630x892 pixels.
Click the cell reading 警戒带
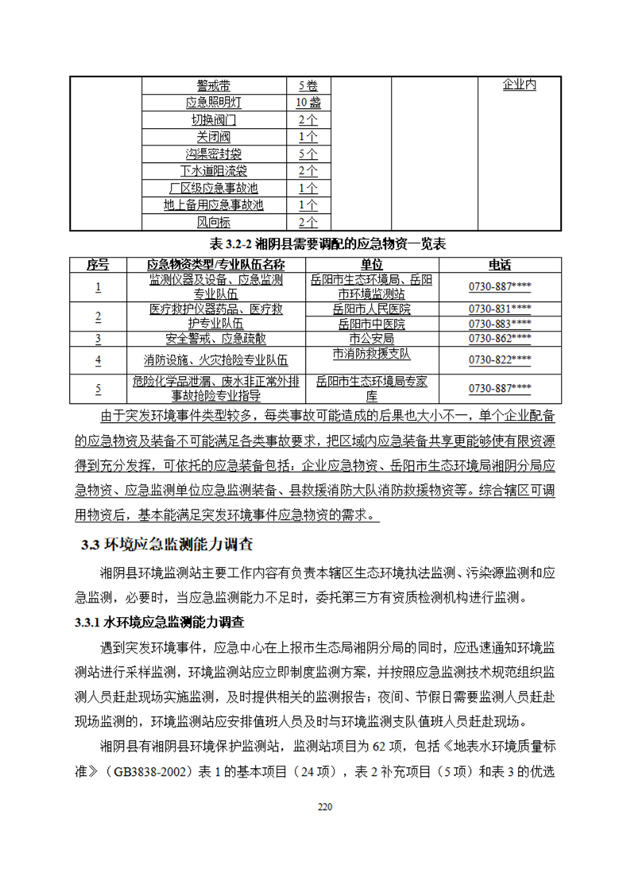coord(214,85)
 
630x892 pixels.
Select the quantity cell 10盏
coord(307,103)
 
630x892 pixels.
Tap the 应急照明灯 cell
coord(214,103)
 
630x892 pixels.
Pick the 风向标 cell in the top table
coord(214,223)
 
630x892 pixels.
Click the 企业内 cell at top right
coord(519,84)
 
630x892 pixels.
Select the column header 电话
coord(500,264)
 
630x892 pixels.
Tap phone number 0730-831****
coord(500,308)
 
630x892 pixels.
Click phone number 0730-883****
coord(500,324)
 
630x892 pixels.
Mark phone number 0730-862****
coord(500,339)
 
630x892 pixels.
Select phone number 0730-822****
coord(500,359)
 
